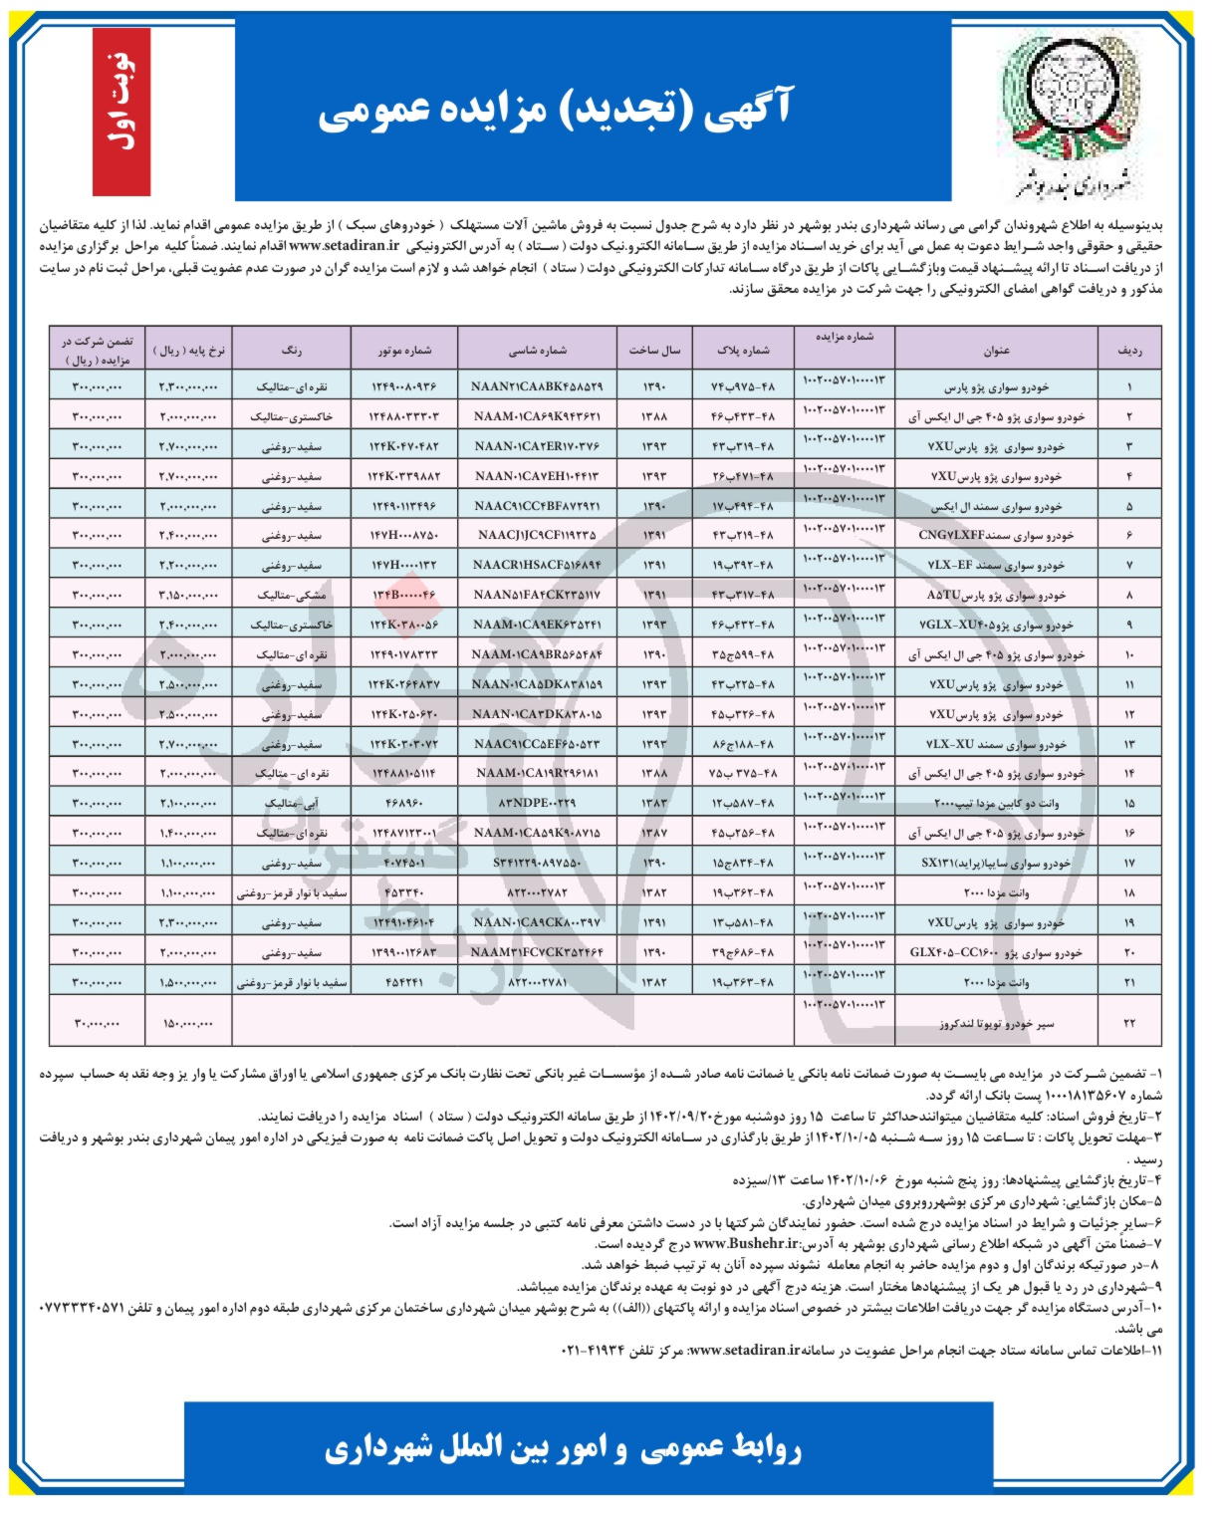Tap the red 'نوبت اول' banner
pyautogui.click(x=121, y=112)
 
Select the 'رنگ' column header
pyautogui.click(x=291, y=350)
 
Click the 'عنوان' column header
pyautogui.click(x=996, y=350)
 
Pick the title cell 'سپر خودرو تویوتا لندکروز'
pyautogui.click(x=997, y=1023)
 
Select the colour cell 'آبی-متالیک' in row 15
pyautogui.click(x=291, y=802)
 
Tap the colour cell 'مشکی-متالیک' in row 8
pyautogui.click(x=291, y=595)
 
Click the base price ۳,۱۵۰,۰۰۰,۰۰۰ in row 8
pyautogui.click(x=189, y=595)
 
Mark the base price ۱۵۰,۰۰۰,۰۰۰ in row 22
pyautogui.click(x=189, y=1023)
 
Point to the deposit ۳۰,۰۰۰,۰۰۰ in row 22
pyautogui.click(x=97, y=1023)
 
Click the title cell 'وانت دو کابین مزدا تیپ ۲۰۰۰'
pyautogui.click(x=997, y=802)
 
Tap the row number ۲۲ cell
pyautogui.click(x=1129, y=1023)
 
